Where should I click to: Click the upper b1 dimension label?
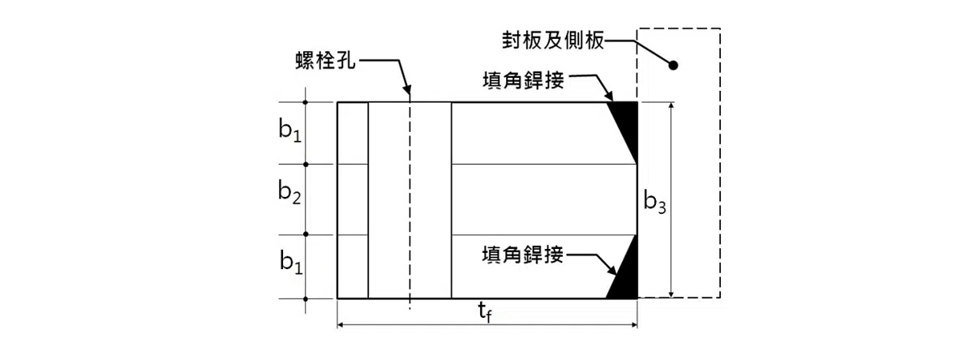click(x=289, y=133)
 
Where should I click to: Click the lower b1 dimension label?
click(x=289, y=261)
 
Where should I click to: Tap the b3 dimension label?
click(x=654, y=202)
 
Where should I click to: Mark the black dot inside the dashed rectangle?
click(x=673, y=65)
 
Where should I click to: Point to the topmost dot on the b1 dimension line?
click(x=306, y=102)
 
